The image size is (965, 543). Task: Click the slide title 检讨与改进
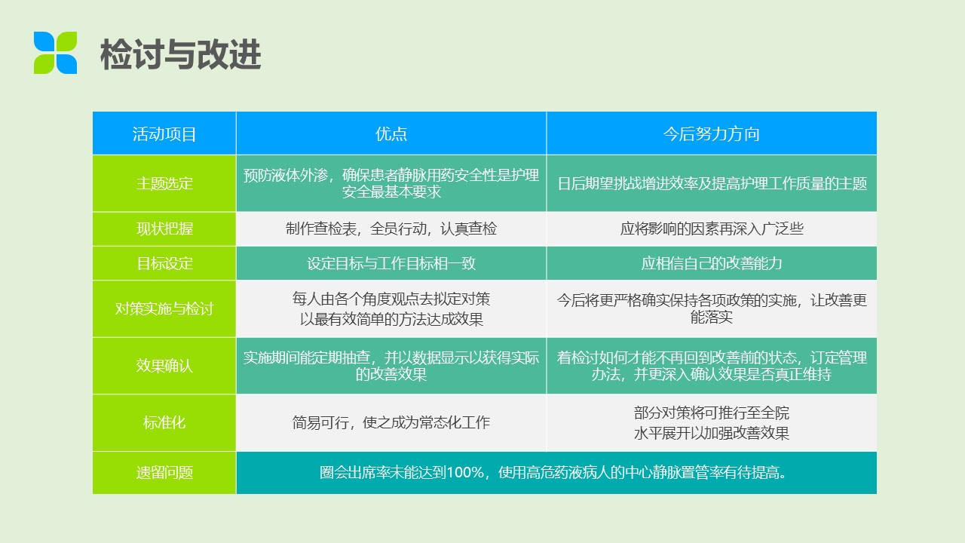point(180,54)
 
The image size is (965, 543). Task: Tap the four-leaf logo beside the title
point(56,53)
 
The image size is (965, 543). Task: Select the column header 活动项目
point(164,134)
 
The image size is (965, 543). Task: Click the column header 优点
point(391,134)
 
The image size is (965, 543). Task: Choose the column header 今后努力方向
point(711,134)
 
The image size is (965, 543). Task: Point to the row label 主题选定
point(164,183)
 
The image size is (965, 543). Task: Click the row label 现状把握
point(164,229)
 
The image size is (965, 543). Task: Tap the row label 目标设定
point(164,263)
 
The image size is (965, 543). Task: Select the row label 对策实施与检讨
point(164,308)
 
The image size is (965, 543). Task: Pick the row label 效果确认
point(164,366)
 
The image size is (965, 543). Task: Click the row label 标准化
point(164,423)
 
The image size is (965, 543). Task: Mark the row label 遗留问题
point(164,473)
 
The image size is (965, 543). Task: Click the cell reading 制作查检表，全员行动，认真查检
point(391,229)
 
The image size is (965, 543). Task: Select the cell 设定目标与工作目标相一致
point(391,263)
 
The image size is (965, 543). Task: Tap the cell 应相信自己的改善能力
point(711,263)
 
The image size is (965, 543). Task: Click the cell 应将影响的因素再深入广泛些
point(711,229)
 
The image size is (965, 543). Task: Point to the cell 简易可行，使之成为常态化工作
point(391,423)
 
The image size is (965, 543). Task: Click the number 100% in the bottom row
point(465,473)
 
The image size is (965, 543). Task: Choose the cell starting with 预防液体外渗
point(391,183)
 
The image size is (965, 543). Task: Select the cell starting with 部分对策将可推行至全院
point(711,423)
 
